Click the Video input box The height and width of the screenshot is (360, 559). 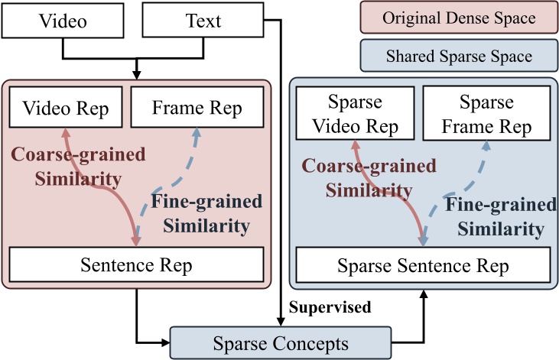click(62, 21)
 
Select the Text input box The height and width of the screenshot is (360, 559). click(203, 21)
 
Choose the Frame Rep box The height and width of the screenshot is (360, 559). click(197, 107)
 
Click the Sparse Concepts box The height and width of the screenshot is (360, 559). click(279, 341)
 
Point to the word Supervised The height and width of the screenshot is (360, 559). click(331, 307)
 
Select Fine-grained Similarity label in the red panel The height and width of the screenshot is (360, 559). click(200, 214)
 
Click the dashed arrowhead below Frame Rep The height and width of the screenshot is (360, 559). click(197, 133)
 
